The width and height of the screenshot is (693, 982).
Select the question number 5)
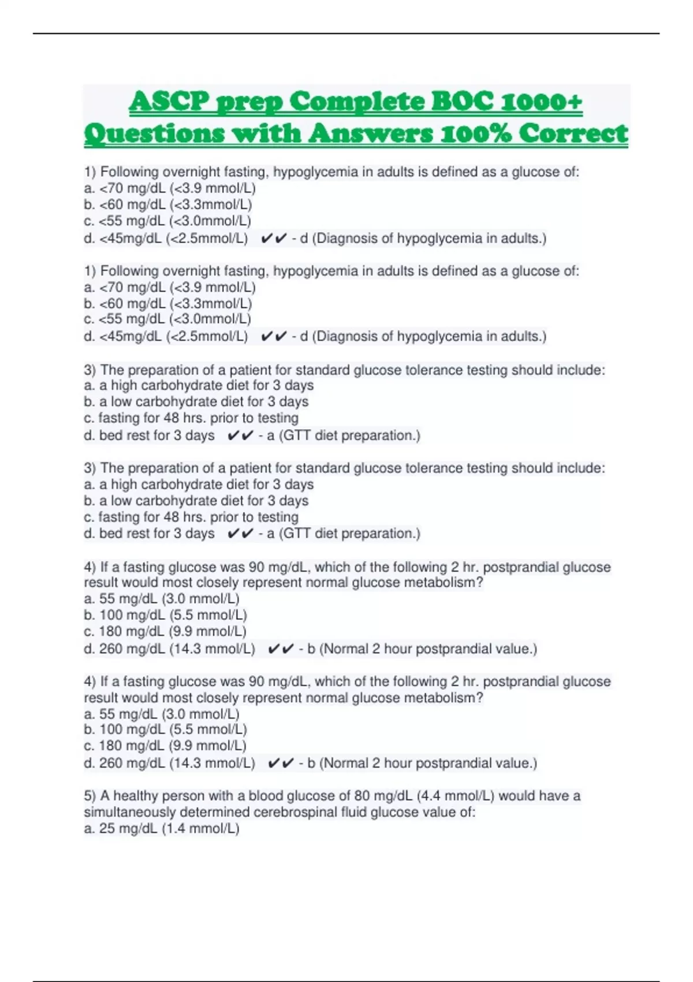coord(90,796)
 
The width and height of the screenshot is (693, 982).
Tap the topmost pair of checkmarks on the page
coord(273,238)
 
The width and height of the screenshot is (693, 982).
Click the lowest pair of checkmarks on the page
coord(281,763)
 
